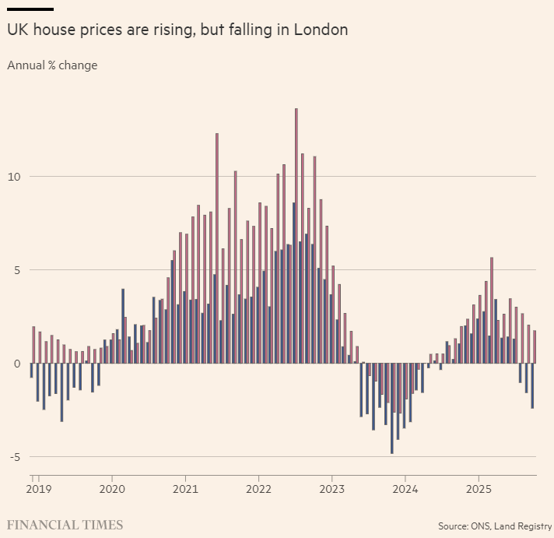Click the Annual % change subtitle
click(52, 65)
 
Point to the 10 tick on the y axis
click(15, 177)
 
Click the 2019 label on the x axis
click(38, 490)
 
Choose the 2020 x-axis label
click(112, 490)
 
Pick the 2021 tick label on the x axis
click(185, 490)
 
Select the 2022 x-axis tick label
click(258, 490)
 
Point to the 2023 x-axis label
click(331, 490)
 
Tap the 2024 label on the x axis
click(405, 490)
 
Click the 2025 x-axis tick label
click(479, 490)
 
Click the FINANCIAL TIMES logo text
click(65, 525)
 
